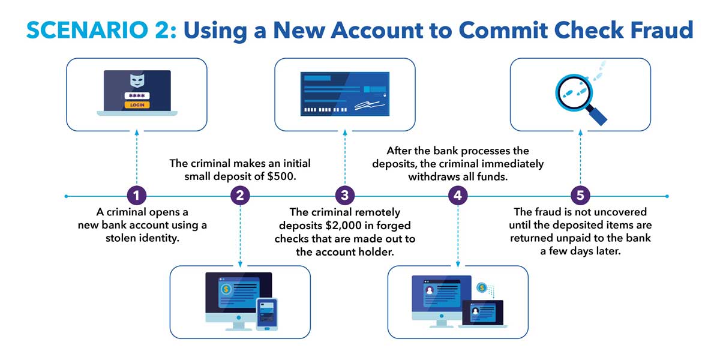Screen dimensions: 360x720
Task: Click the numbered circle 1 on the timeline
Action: point(137,196)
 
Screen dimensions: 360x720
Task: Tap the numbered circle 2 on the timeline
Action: point(240,196)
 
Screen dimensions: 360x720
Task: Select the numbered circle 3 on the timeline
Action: point(344,196)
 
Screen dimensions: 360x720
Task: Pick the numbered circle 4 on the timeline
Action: point(458,196)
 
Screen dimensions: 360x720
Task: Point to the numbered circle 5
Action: point(580,196)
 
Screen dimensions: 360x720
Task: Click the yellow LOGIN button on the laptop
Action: point(137,104)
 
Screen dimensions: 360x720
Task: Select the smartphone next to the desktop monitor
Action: point(266,313)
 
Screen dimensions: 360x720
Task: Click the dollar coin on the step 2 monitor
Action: point(226,289)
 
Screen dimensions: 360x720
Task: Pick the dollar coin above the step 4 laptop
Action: point(482,288)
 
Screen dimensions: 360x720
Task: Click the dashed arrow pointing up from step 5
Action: point(580,159)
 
